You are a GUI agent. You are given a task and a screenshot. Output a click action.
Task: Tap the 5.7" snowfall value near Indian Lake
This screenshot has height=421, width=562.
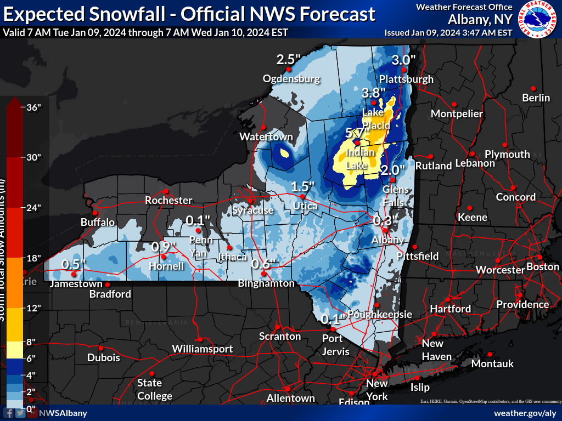pos(355,132)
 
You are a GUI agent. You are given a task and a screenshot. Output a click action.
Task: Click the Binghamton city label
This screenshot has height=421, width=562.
pos(266,283)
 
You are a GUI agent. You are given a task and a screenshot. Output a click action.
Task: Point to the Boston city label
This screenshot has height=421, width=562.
pos(542,267)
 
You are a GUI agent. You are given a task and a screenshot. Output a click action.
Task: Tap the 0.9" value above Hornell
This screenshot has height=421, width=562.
pos(164,247)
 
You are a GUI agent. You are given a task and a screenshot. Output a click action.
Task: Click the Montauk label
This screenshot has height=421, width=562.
pos(492,363)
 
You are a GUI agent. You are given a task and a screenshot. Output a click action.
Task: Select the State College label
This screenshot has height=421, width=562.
pos(155,389)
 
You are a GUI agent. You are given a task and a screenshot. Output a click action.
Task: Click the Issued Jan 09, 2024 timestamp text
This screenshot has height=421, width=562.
pos(448,32)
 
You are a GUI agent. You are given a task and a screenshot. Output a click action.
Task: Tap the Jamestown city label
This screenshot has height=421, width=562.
pos(76,284)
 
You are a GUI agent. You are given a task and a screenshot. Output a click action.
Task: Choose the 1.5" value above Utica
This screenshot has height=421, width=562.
pos(302,186)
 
